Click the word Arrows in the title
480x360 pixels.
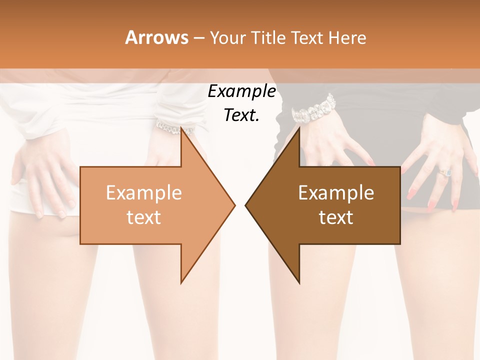tap(156, 37)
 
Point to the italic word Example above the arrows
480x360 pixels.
tap(241, 91)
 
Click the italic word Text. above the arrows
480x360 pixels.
tap(241, 115)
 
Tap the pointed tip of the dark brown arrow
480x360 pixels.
tap(246, 204)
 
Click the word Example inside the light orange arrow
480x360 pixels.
tap(144, 192)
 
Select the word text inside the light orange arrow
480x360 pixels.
tap(144, 217)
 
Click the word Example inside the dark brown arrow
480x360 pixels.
tap(336, 192)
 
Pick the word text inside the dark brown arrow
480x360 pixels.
tap(336, 217)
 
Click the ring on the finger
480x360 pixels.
tap(445, 172)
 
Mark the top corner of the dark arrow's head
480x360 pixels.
tap(299, 127)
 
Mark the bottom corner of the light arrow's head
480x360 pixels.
tap(181, 282)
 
